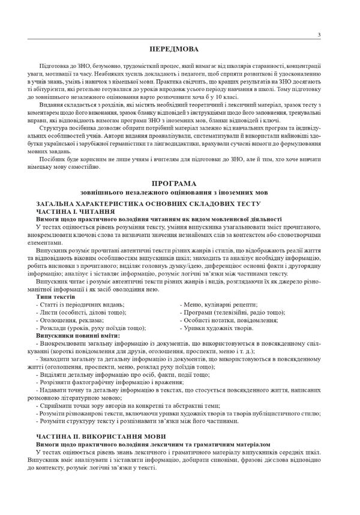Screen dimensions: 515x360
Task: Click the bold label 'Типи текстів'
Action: [55, 297]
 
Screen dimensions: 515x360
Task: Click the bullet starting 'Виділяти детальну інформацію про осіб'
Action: [120, 374]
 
